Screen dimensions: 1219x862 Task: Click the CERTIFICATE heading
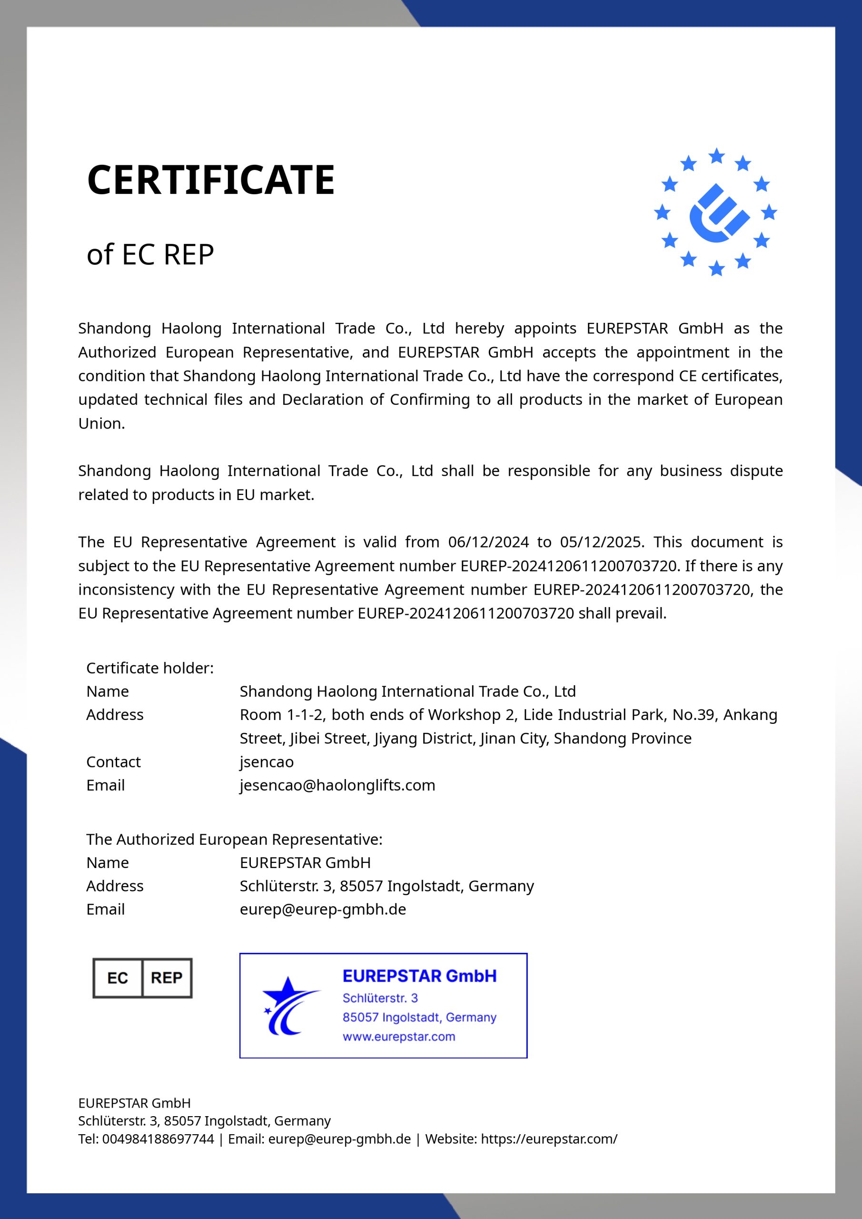tap(211, 180)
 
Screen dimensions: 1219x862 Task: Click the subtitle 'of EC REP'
tap(150, 254)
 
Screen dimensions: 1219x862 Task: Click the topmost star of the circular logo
tap(716, 156)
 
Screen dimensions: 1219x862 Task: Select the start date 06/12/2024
tap(488, 542)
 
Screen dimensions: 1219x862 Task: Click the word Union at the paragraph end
tap(101, 424)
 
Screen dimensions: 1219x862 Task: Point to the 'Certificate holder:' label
tap(149, 668)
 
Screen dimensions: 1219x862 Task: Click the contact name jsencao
tap(267, 762)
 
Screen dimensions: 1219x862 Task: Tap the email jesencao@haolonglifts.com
tap(337, 785)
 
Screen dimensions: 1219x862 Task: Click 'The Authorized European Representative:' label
tap(234, 839)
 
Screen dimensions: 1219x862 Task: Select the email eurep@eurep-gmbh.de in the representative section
tap(323, 909)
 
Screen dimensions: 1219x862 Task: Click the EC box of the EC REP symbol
tap(118, 978)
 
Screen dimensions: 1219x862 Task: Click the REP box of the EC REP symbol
tap(167, 978)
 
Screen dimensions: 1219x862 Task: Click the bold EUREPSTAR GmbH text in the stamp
tap(419, 976)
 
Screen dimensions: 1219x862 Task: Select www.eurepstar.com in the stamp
tap(398, 1037)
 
